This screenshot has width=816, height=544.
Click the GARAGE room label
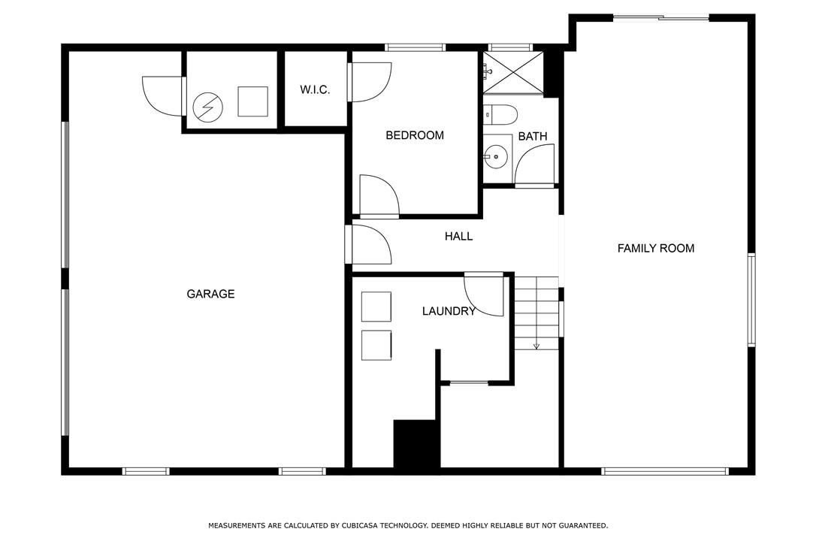(211, 294)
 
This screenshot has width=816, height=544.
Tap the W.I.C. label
(315, 89)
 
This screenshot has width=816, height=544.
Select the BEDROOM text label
(415, 135)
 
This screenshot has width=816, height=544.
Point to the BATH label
(533, 137)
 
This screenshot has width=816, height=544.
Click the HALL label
(458, 237)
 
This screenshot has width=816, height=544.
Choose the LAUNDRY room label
(449, 311)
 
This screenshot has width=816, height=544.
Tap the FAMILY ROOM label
(656, 248)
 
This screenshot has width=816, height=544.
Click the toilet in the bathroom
(500, 114)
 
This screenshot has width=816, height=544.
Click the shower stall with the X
(513, 72)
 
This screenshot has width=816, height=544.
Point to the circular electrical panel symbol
(207, 107)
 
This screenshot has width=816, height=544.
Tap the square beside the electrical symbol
(253, 101)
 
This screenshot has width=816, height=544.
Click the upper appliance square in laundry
(376, 307)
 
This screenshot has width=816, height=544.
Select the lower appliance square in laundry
(376, 345)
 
